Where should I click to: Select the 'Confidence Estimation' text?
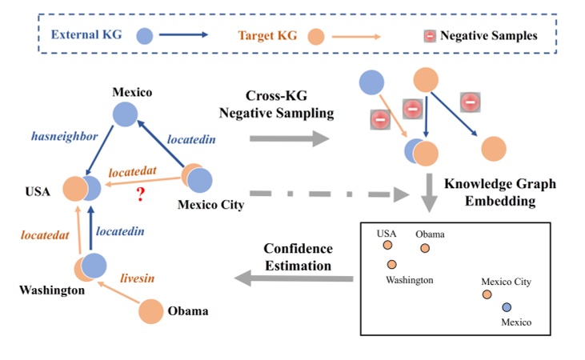pyautogui.click(x=297, y=257)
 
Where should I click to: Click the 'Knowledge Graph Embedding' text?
pyautogui.click(x=500, y=193)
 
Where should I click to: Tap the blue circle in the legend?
pyautogui.click(x=144, y=34)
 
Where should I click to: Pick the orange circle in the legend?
pyautogui.click(x=316, y=34)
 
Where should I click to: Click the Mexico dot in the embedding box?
pyautogui.click(x=506, y=307)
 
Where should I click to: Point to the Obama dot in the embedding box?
pyautogui.click(x=425, y=248)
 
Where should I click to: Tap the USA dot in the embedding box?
pyautogui.click(x=387, y=246)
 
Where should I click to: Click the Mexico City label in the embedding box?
pyautogui.click(x=505, y=282)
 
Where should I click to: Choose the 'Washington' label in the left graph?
pyautogui.click(x=51, y=290)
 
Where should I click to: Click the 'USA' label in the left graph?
pyautogui.click(x=37, y=191)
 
